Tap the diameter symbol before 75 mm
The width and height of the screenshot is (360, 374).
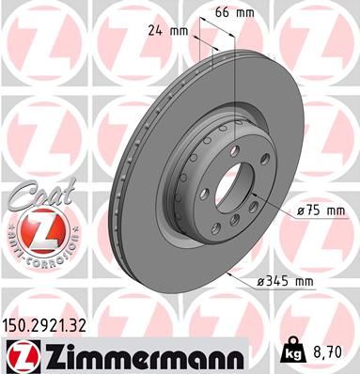(300, 211)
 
